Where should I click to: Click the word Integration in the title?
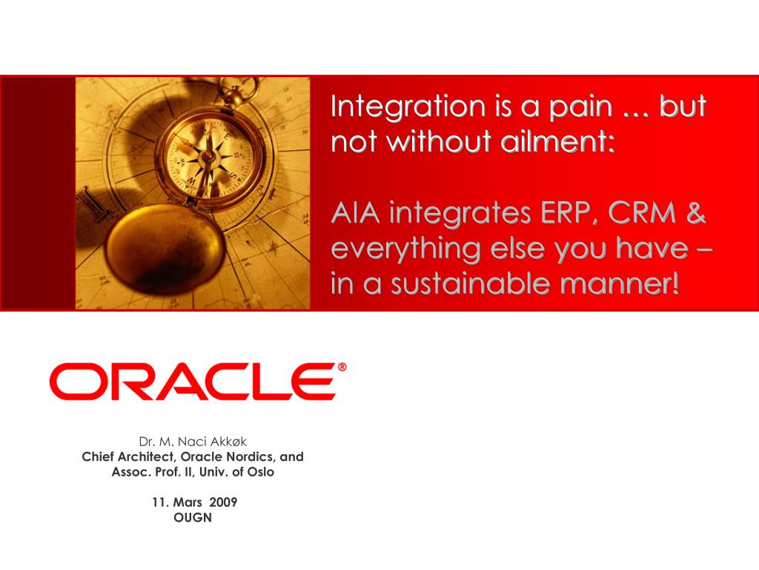(x=408, y=107)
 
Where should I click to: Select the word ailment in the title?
(x=557, y=141)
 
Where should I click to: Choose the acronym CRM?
(x=642, y=213)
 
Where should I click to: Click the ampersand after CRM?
(x=696, y=213)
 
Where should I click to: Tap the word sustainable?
(x=469, y=284)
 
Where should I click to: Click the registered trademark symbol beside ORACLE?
(x=342, y=367)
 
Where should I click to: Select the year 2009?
(x=223, y=502)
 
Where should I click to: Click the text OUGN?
(x=193, y=517)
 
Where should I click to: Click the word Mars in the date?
(x=188, y=502)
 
